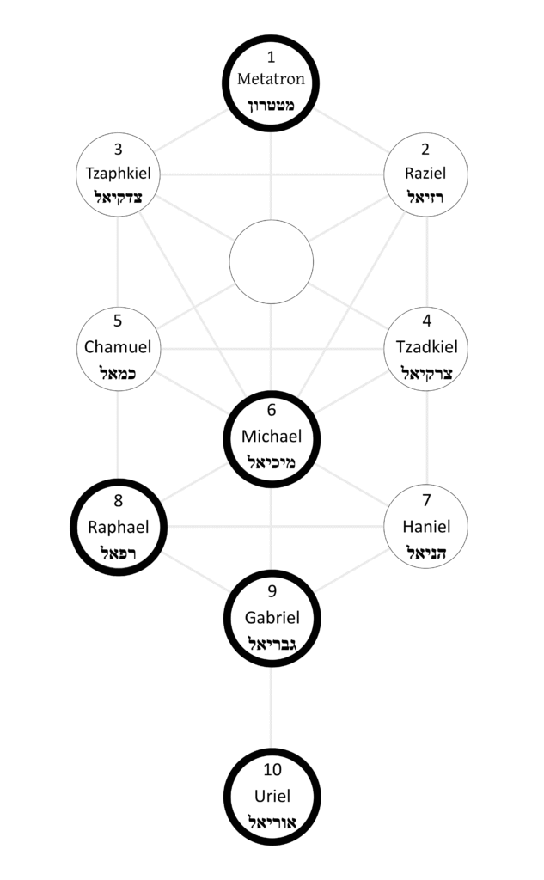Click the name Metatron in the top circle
[271, 80]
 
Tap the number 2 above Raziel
[425, 148]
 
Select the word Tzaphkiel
[119, 173]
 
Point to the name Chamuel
[118, 347]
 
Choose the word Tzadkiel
[426, 347]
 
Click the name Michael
[272, 436]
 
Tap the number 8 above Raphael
[118, 500]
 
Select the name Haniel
[426, 526]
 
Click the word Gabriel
[272, 616]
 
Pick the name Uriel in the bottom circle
[272, 795]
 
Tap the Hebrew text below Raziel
[425, 198]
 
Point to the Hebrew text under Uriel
[272, 821]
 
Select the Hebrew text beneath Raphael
[118, 551]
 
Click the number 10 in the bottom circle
[272, 769]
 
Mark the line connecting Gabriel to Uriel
[272, 701]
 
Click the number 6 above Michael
[272, 411]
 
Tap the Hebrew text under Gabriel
[272, 642]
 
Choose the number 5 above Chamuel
[118, 322]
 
